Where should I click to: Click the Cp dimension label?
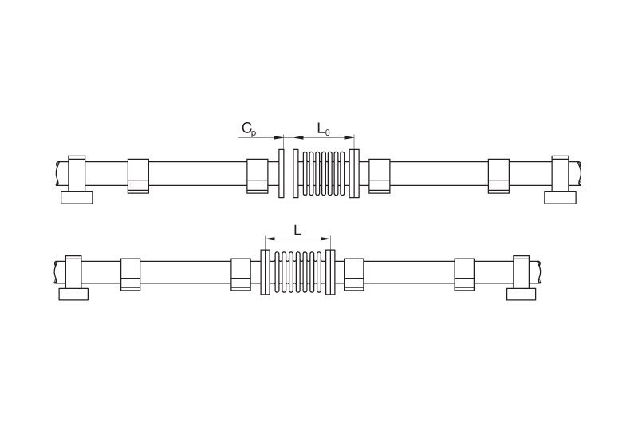(x=249, y=128)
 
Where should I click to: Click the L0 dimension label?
(x=324, y=129)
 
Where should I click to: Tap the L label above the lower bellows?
(x=297, y=231)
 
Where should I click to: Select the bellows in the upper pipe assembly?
(x=324, y=173)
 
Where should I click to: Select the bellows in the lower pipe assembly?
(x=298, y=272)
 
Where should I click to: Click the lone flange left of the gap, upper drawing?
(x=282, y=173)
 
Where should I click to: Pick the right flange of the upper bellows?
(x=354, y=173)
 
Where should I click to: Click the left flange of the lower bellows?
(x=265, y=272)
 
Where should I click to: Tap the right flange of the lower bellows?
(x=330, y=272)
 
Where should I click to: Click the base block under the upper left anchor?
(x=77, y=197)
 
